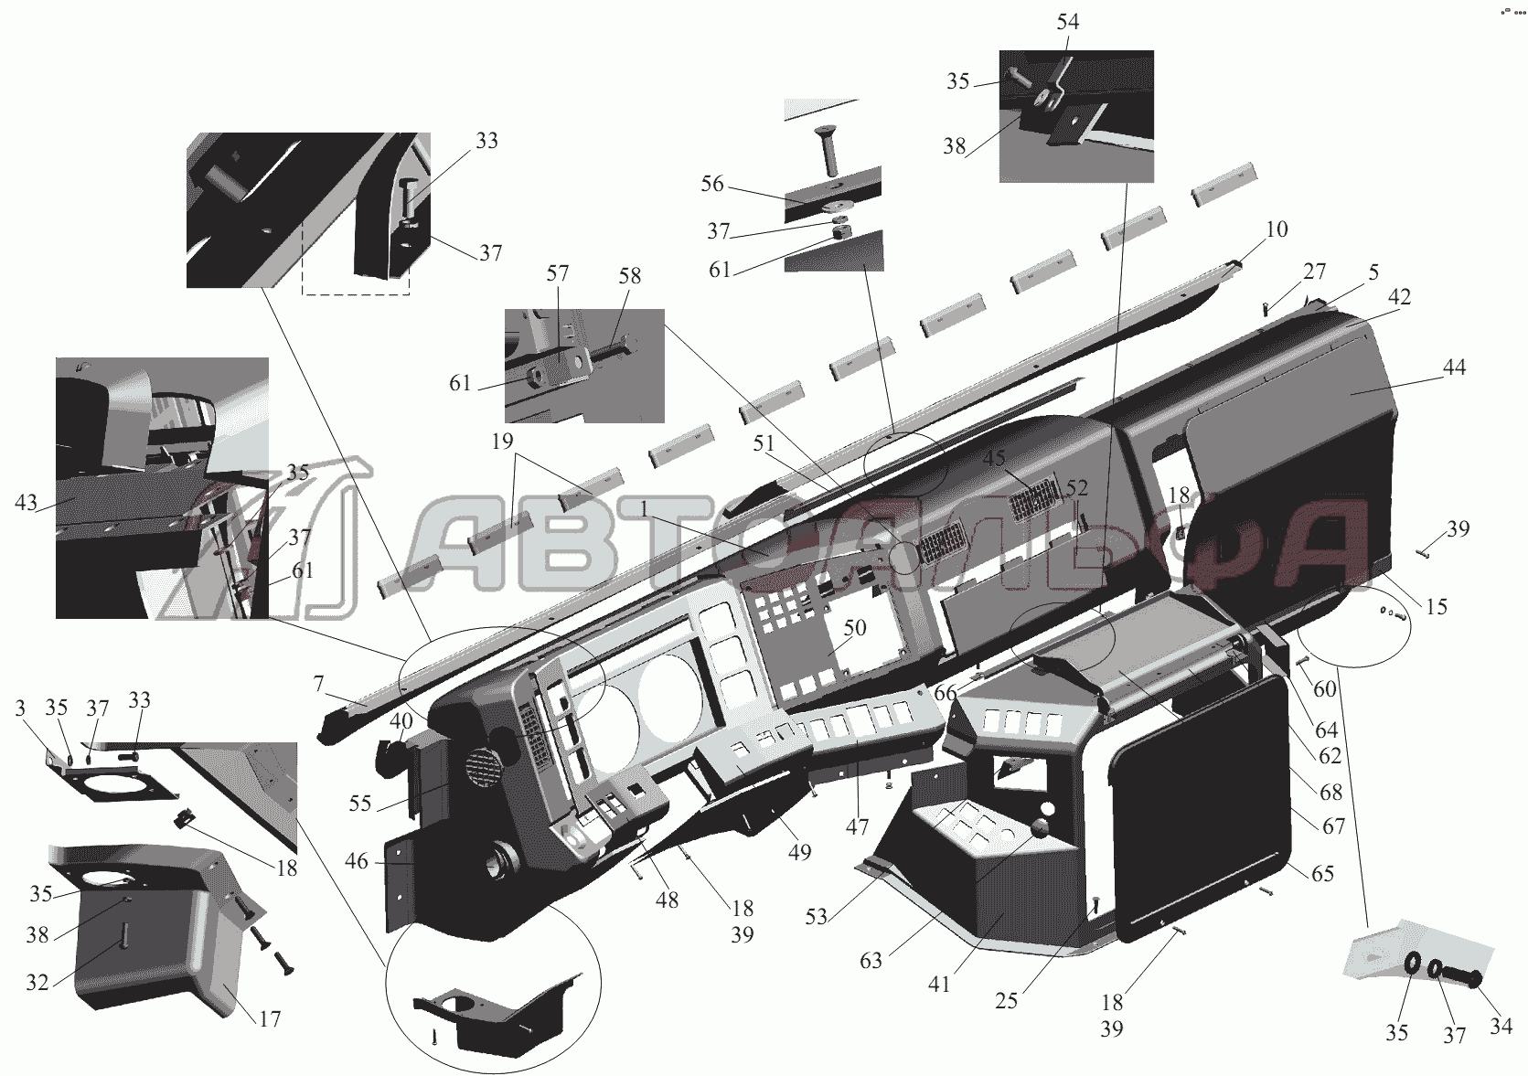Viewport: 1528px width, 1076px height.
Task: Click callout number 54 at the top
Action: [x=1067, y=22]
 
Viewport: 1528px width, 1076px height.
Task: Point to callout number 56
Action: [x=711, y=184]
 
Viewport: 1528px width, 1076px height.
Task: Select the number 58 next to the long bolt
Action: [x=630, y=275]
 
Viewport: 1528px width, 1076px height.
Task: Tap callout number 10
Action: [x=1277, y=229]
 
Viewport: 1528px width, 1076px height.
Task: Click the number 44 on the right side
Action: [x=1454, y=368]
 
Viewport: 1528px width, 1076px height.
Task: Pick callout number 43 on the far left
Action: [x=26, y=503]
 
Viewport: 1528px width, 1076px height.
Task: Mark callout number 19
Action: [x=502, y=442]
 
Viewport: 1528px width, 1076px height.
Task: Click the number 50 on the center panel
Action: [x=854, y=627]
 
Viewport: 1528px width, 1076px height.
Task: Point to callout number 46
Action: [x=357, y=862]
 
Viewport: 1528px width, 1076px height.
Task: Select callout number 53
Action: [x=816, y=916]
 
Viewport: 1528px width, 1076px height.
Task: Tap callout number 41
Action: [x=939, y=985]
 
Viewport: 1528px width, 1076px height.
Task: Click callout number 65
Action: [x=1322, y=873]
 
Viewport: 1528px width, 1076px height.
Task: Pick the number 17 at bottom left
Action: [x=270, y=1018]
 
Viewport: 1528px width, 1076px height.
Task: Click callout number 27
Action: [x=1315, y=272]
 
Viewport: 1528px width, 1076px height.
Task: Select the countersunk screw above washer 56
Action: [x=832, y=154]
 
